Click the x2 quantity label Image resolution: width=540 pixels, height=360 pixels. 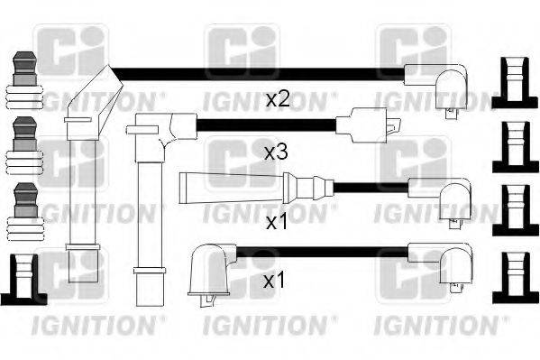[x=277, y=99]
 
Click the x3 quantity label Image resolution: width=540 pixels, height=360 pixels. [x=276, y=153]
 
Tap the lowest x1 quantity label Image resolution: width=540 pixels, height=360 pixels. [x=275, y=281]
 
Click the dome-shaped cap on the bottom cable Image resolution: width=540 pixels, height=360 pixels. [x=208, y=268]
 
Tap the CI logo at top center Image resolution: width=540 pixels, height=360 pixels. [x=242, y=50]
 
